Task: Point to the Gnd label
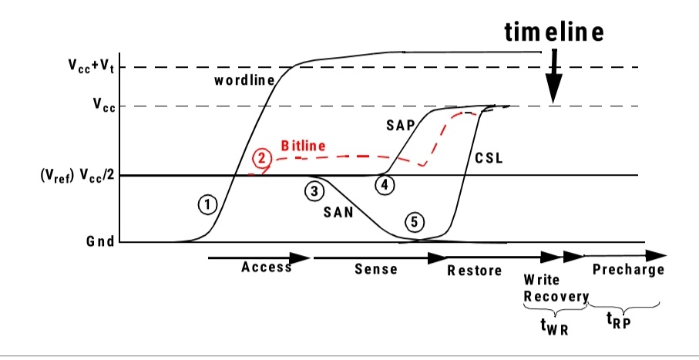[101, 241]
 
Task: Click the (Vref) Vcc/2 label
[75, 176]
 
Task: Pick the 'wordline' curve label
[240, 80]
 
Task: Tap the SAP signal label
[401, 124]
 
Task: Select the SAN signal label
[338, 214]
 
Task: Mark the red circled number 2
[263, 158]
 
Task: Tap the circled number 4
[385, 185]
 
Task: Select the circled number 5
[414, 222]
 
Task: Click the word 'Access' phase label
[266, 267]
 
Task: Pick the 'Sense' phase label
[375, 269]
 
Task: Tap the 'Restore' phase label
[474, 270]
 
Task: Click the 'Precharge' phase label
[628, 269]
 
